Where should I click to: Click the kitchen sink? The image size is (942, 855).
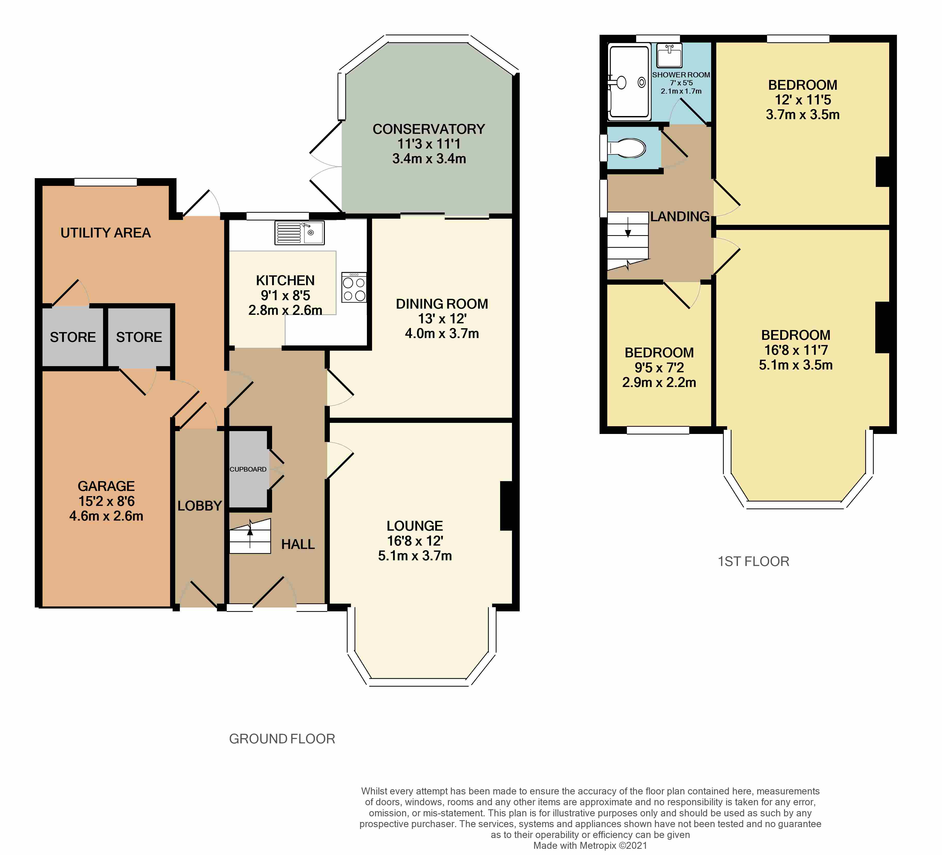(299, 233)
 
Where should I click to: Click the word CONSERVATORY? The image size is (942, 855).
(428, 129)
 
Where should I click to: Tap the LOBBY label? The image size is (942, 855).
(199, 506)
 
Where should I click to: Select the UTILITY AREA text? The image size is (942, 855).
(106, 233)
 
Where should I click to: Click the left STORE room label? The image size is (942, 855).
(73, 337)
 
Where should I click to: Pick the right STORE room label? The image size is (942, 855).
(139, 337)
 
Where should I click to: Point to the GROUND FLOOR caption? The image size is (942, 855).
(282, 739)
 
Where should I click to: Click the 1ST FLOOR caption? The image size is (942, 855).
(753, 561)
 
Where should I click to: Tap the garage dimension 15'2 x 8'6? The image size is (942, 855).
(106, 501)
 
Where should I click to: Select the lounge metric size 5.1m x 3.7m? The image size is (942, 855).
(415, 556)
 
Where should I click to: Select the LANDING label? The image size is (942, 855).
(680, 216)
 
